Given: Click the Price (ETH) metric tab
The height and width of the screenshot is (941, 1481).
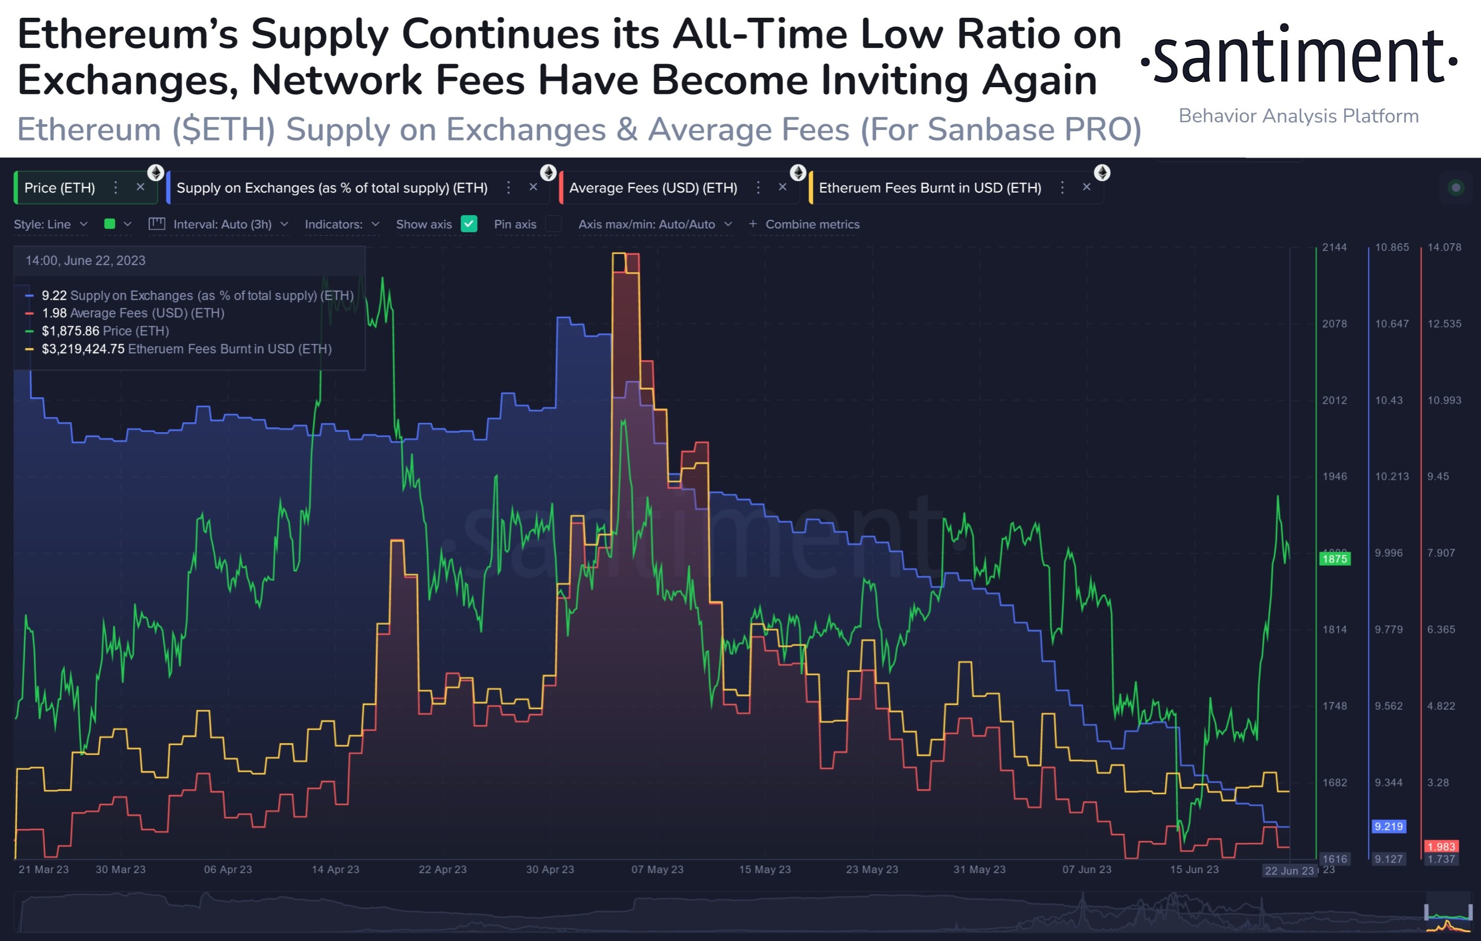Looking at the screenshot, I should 60,187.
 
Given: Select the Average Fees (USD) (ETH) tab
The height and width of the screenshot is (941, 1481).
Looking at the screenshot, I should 653,187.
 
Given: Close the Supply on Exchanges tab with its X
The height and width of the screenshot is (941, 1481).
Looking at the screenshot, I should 533,187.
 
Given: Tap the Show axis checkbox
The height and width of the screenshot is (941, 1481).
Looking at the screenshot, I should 469,224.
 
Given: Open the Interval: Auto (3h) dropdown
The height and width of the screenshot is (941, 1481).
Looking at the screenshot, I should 222,224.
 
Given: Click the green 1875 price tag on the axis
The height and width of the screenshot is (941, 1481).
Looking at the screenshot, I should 1335,559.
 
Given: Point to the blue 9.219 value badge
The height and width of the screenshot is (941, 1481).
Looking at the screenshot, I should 1389,827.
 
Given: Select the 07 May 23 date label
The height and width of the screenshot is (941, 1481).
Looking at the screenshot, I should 657,869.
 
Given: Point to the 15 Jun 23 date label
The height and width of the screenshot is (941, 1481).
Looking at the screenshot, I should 1194,869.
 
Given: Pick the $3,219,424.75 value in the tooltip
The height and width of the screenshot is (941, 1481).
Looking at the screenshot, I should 83,349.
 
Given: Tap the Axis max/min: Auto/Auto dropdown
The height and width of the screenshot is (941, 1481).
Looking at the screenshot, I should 654,224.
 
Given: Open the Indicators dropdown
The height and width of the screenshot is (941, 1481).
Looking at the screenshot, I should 341,224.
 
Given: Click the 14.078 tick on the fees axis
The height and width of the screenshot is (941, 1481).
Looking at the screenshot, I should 1444,247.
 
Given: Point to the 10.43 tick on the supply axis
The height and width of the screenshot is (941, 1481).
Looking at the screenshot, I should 1389,400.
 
